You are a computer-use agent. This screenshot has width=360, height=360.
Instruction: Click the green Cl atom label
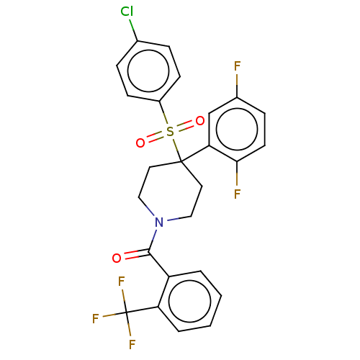pyautogui.click(x=127, y=12)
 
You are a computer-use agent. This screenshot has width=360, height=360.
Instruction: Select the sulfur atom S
pyautogui.click(x=170, y=131)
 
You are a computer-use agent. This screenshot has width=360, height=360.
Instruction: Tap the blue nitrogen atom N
pyautogui.click(x=159, y=222)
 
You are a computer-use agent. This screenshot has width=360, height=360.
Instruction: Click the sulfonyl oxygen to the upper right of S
pyautogui.click(x=200, y=121)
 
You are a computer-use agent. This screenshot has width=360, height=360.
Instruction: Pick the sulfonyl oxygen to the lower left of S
pyautogui.click(x=140, y=143)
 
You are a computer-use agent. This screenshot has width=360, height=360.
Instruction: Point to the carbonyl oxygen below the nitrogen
pyautogui.click(x=117, y=258)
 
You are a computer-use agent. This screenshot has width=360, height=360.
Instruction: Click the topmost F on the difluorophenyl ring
pyautogui.click(x=237, y=66)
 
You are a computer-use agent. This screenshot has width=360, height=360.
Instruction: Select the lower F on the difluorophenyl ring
pyautogui.click(x=237, y=194)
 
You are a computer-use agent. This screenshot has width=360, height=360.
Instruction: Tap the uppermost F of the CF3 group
pyautogui.click(x=122, y=282)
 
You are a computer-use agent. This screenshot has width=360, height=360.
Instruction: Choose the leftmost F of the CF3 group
pyautogui.click(x=96, y=318)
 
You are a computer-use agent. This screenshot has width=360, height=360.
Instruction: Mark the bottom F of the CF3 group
pyautogui.click(x=132, y=344)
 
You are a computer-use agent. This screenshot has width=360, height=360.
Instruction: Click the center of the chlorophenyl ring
pyautogui.click(x=148, y=71)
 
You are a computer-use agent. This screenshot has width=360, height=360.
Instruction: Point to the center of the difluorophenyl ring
pyautogui.click(x=237, y=130)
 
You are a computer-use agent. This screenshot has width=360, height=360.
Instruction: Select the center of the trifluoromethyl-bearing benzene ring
pyautogui.click(x=189, y=301)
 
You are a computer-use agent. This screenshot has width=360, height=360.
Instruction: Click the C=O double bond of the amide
pyautogui.click(x=136, y=254)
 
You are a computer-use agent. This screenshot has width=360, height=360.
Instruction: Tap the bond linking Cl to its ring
pyautogui.click(x=133, y=30)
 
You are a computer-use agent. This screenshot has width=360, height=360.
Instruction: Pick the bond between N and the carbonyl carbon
pyautogui.click(x=153, y=240)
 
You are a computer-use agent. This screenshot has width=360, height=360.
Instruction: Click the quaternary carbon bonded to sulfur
pyautogui.click(x=181, y=161)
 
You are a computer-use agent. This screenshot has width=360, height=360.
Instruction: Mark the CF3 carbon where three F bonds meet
pyautogui.click(x=126, y=312)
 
